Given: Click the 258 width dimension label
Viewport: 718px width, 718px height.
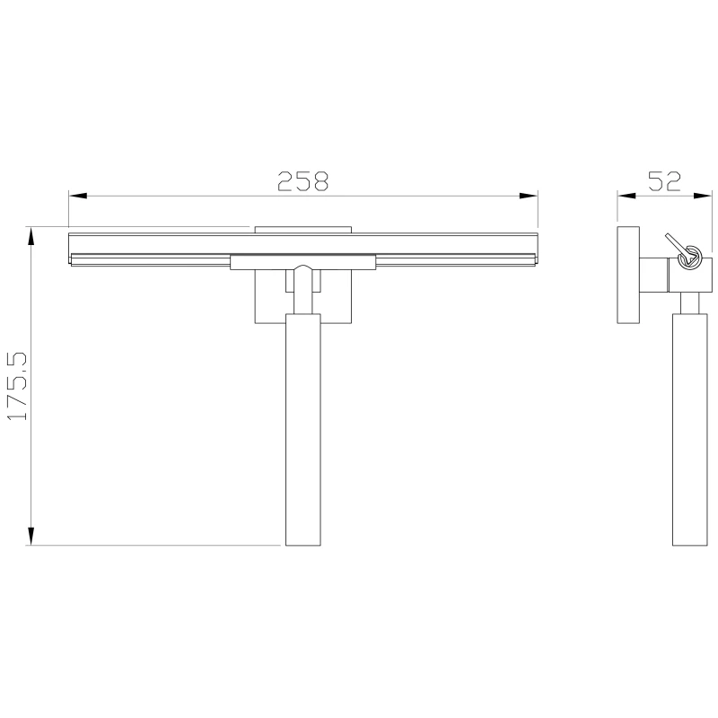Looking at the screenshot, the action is [x=302, y=181].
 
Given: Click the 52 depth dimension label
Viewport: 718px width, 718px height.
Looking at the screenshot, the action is [x=664, y=181].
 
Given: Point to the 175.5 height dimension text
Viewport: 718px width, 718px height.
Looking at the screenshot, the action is [x=18, y=386].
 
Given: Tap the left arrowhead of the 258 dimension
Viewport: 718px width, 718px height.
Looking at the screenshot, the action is [x=78, y=196].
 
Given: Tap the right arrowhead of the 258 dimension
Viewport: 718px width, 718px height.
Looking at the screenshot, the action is [x=528, y=196].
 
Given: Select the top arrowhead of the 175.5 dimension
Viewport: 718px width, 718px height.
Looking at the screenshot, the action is [x=31, y=236].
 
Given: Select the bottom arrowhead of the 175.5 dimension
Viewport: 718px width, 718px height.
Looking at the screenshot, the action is [x=31, y=536].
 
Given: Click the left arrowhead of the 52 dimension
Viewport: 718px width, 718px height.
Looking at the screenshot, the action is [x=626, y=196].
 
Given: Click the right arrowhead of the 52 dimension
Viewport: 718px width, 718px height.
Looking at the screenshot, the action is [x=703, y=196].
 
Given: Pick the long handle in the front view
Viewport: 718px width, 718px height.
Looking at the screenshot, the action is [x=303, y=430].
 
